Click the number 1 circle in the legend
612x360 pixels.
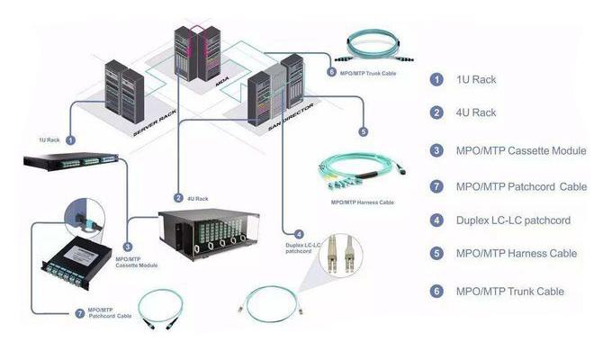436,79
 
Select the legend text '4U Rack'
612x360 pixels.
477,112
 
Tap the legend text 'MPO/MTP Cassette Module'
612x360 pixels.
521,150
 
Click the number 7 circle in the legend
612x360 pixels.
436,186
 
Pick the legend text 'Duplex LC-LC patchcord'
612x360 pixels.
513,220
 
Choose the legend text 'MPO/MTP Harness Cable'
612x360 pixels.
517,254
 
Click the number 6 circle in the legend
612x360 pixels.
436,291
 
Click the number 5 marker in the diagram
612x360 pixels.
363,131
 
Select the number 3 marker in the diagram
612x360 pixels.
128,245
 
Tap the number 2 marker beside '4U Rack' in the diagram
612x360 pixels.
178,198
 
